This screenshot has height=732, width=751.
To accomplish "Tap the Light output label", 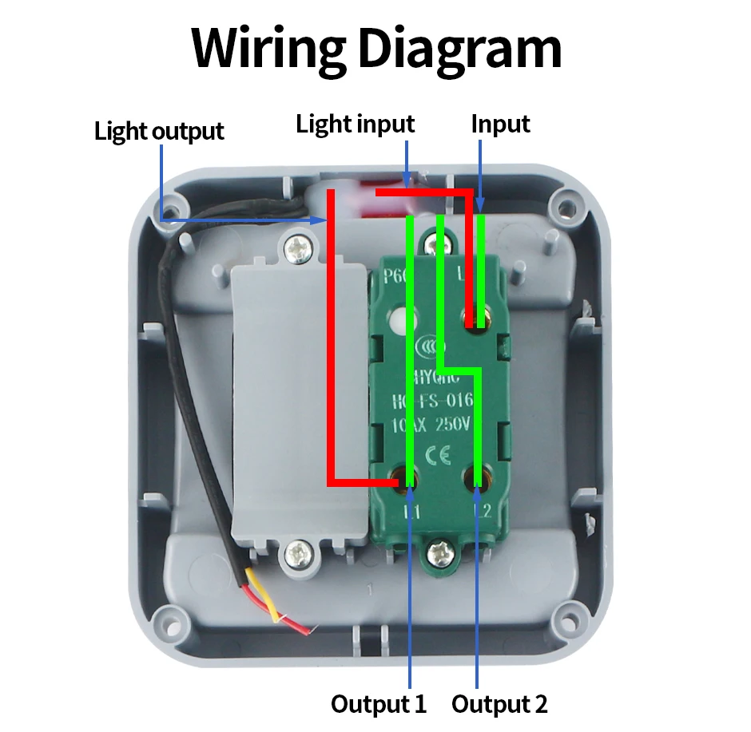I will pos(159,131).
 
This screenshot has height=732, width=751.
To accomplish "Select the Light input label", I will pos(355,124).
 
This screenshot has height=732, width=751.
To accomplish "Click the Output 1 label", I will pos(379,704).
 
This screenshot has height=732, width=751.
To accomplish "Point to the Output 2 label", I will pos(499,704).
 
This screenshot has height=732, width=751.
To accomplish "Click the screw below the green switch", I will pos(440,551).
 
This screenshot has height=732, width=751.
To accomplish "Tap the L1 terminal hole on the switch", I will pos(401,480).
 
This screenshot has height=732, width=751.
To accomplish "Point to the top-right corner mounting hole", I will pos(566,209).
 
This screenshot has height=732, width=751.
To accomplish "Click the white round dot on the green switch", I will pos(399,322).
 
